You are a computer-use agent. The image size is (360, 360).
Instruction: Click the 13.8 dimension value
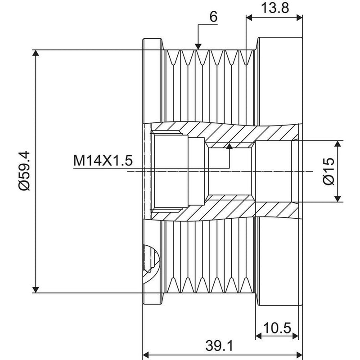(x=275, y=8)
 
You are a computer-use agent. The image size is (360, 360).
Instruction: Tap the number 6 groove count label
(x=213, y=17)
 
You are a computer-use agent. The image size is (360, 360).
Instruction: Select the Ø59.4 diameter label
(x=24, y=171)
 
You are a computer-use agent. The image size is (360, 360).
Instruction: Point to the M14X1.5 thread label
(x=103, y=160)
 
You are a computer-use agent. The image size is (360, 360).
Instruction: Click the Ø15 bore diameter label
(x=329, y=171)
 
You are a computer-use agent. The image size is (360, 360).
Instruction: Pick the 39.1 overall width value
(x=219, y=346)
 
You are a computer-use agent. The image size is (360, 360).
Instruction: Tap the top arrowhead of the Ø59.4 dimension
(x=36, y=53)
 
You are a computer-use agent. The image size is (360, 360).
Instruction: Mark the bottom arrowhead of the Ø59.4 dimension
(x=36, y=289)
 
